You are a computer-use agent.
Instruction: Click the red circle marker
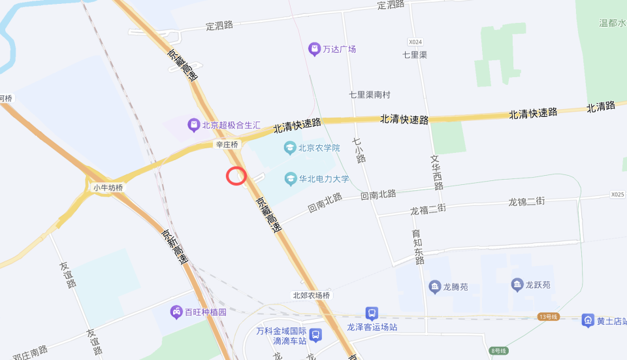click(x=236, y=175)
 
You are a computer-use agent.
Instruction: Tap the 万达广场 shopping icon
click(x=315, y=49)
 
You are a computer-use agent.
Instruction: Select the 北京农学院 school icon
click(x=290, y=148)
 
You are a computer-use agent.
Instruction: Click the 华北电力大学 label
click(x=324, y=178)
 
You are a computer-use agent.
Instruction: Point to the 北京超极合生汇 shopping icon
click(x=193, y=124)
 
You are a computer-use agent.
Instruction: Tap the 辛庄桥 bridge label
click(x=227, y=144)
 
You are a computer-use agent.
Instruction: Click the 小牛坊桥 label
click(x=108, y=188)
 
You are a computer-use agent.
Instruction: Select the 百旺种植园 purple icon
click(x=176, y=312)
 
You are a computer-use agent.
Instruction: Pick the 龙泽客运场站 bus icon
click(x=371, y=314)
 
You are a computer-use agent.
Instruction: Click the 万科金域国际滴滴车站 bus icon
click(x=315, y=335)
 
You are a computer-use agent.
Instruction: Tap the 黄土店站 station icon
click(x=588, y=320)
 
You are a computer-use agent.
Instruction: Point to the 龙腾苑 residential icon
click(x=435, y=286)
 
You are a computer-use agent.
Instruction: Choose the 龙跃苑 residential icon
click(x=517, y=285)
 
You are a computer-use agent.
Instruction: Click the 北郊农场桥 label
click(x=312, y=296)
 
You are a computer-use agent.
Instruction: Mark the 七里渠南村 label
click(x=370, y=95)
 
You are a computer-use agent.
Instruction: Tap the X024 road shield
click(x=416, y=41)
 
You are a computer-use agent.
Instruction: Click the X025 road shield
click(x=617, y=195)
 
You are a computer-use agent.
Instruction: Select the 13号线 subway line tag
click(x=549, y=317)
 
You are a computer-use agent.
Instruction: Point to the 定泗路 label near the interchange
click(x=219, y=25)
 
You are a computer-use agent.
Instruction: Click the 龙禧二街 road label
click(x=428, y=210)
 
